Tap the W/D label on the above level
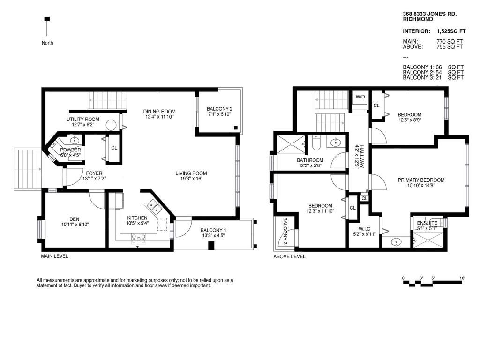[360, 97]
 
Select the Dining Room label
[159, 111]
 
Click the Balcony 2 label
[219, 109]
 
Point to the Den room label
[75, 219]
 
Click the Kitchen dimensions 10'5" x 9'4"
[137, 224]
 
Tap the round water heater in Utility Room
[112, 125]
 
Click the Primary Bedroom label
[421, 180]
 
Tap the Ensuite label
[427, 223]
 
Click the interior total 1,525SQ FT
[450, 31]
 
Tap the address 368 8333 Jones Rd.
[426, 15]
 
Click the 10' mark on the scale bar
[462, 278]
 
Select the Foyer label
[94, 173]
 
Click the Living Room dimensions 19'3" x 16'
[191, 179]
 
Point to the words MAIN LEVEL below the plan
[54, 256]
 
